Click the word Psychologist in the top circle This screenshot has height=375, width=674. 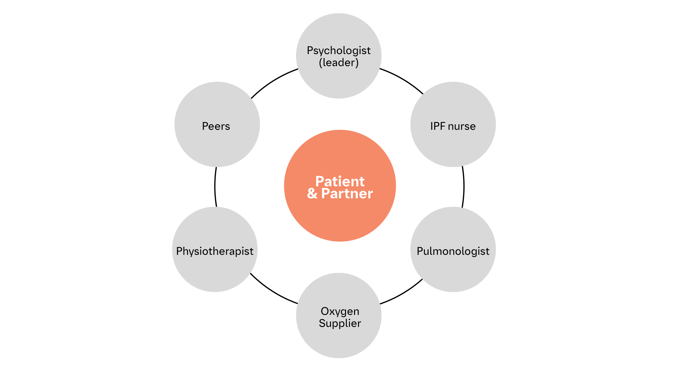[339, 51]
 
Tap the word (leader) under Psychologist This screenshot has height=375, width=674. [339, 63]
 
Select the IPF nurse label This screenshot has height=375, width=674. [453, 126]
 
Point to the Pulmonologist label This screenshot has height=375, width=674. [453, 251]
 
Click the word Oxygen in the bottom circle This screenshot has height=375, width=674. [340, 312]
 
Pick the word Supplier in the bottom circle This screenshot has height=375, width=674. [340, 324]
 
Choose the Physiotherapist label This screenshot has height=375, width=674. [215, 251]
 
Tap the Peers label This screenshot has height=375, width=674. [216, 126]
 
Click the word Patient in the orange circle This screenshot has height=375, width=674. [340, 181]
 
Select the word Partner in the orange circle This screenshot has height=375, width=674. [347, 194]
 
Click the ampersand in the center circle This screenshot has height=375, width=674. [312, 194]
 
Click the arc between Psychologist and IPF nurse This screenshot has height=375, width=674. [403, 79]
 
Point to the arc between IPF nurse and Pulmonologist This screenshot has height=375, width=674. [464, 187]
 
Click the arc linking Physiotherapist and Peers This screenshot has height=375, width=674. [215, 187]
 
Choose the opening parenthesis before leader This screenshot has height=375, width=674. [320, 63]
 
